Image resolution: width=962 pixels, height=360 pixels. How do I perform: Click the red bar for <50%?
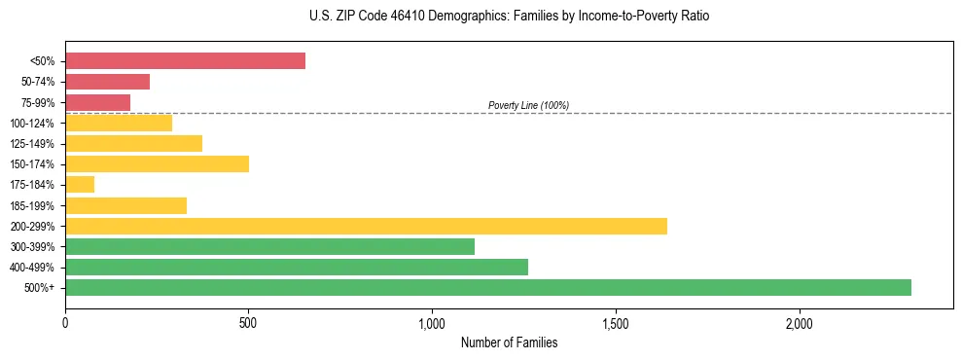(185, 61)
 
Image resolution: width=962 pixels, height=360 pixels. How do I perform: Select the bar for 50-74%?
(107, 82)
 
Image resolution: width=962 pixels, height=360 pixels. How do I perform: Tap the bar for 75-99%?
(97, 102)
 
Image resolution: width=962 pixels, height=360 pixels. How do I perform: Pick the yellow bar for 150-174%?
(157, 163)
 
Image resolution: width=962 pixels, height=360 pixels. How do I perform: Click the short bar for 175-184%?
(80, 184)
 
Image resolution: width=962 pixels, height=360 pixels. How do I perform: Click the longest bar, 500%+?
(488, 287)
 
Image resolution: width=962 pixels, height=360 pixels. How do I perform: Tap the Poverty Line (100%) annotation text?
(528, 105)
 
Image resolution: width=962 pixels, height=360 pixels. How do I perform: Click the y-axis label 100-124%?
(32, 124)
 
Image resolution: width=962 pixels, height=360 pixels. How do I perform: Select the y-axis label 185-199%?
(32, 205)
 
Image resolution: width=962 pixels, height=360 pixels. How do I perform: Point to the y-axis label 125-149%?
(32, 144)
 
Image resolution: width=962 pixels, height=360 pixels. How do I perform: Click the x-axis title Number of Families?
(509, 343)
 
